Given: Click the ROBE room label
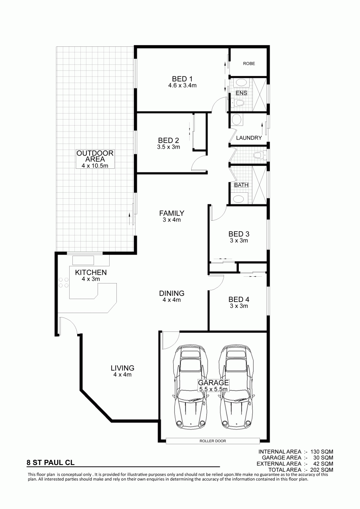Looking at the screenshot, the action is pos(249,64).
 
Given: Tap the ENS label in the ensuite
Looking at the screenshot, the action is pos(241,93).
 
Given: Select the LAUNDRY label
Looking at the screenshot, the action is pos(249,138).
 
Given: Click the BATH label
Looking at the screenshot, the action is pos(241,185).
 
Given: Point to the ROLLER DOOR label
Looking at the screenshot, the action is pos(213,441).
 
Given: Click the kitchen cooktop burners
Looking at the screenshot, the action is pos(64,282).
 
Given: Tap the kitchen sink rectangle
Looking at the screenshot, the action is pos(83,260).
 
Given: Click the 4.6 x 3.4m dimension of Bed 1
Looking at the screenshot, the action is pos(182,86).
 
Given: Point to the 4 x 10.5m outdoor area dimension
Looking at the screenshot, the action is pos(95,166).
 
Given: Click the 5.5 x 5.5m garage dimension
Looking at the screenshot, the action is pos(213,389).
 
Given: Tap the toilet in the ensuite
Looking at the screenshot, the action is pos(238,104).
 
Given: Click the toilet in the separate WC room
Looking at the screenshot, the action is pos(259,156).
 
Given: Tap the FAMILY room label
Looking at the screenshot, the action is pos(172,213).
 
